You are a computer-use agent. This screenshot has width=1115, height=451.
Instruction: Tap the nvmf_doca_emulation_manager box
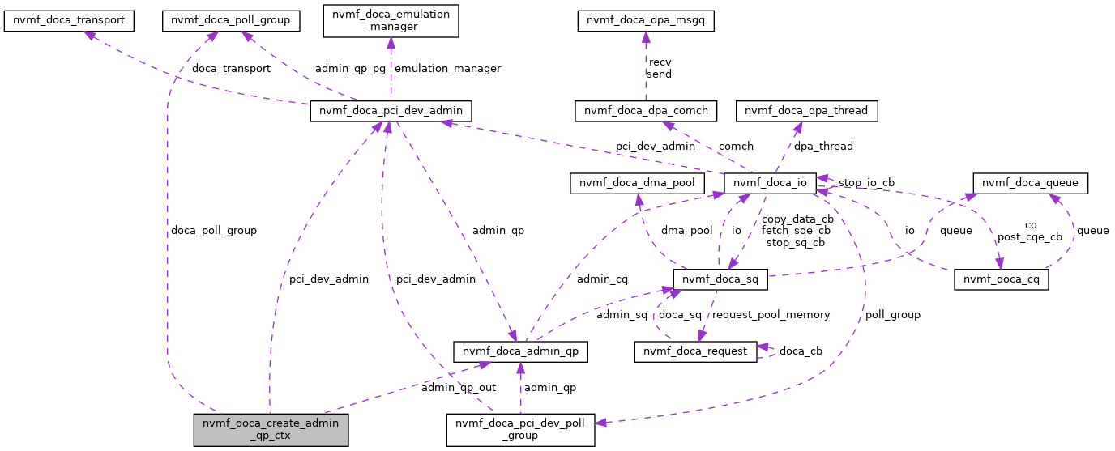pos(391,20)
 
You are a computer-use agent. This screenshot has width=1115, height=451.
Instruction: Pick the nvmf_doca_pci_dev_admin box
pos(391,111)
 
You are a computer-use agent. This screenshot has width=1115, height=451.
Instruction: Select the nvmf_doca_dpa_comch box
pos(645,111)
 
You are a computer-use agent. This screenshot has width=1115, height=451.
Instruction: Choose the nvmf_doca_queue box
pos(1030,183)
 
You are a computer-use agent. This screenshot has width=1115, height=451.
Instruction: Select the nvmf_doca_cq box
pos(1002,280)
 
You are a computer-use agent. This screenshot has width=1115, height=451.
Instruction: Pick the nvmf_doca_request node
pos(695,351)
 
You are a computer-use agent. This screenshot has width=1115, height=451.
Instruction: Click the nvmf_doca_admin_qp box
pos(519,351)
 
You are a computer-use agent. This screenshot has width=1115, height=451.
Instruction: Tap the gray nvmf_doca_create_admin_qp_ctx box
pos(271,429)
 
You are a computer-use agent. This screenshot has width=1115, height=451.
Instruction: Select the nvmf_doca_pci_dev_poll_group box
pos(520,429)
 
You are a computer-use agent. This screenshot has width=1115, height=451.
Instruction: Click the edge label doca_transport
pos(231,68)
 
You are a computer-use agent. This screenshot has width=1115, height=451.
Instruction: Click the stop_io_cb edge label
pos(866,183)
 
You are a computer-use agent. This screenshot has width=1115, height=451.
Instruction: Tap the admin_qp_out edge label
pos(459,388)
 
